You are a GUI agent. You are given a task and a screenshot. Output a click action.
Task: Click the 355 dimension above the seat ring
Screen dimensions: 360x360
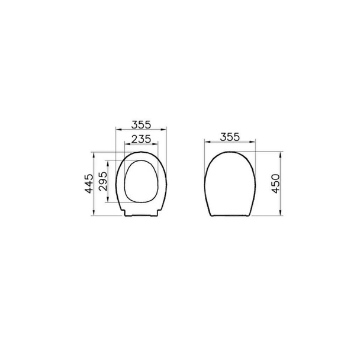(x=141, y=125)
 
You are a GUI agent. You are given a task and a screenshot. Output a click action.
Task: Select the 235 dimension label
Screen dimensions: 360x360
(x=141, y=139)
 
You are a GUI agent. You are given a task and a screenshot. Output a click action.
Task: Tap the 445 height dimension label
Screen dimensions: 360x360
(x=89, y=184)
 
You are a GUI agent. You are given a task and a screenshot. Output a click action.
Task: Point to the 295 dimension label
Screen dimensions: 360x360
(x=102, y=181)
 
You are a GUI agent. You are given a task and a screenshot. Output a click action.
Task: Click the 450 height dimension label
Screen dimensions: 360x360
(x=275, y=184)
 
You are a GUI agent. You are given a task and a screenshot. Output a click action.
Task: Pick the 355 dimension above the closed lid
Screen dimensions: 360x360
(x=230, y=137)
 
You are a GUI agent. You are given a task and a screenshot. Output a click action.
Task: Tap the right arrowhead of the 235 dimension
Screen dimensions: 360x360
(x=155, y=144)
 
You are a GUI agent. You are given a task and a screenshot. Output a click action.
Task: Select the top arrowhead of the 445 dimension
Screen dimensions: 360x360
(x=94, y=155)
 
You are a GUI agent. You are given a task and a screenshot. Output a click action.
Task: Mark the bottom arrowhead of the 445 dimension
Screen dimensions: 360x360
(x=94, y=213)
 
